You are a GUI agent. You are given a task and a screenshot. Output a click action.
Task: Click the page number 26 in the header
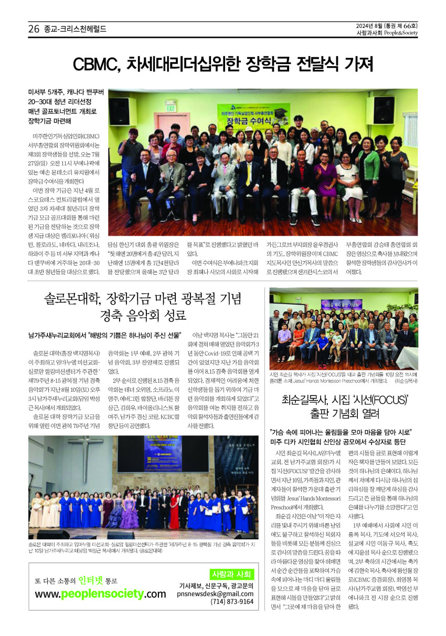pos(34,29)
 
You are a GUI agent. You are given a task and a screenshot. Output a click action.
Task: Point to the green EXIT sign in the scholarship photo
pos(170,108)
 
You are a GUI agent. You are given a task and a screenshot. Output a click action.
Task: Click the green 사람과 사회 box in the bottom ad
pos(231,574)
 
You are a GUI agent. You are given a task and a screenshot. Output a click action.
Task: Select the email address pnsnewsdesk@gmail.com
pos(215,593)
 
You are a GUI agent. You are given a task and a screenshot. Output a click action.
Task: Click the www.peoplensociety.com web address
pos(100,594)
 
